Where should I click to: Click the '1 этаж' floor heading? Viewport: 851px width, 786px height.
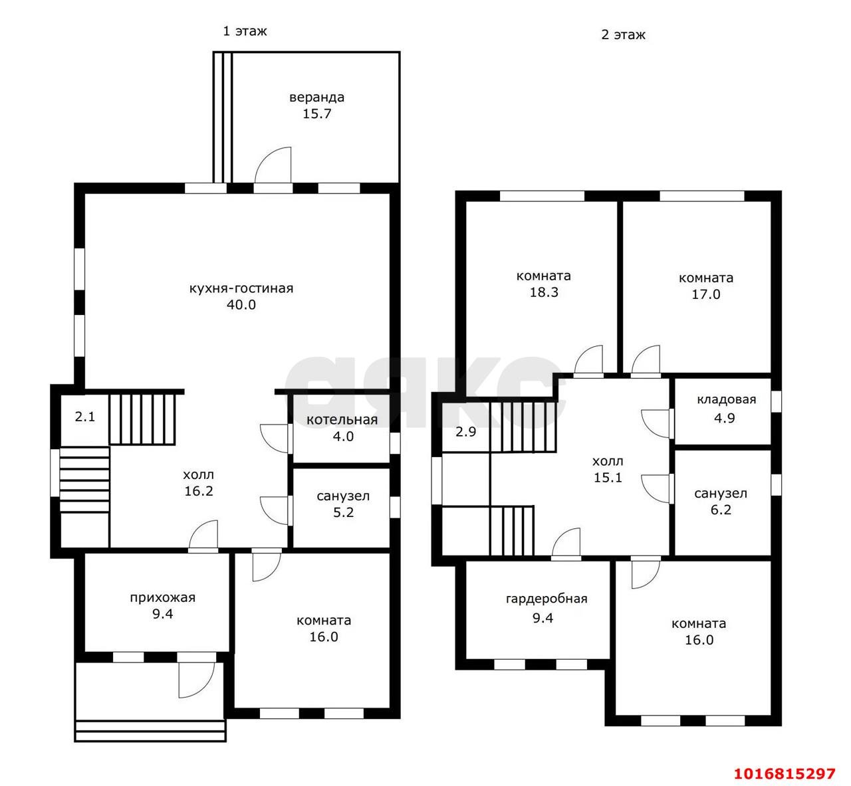point(245,31)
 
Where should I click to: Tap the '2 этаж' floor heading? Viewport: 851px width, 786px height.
point(623,35)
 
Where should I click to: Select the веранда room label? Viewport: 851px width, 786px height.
point(316,98)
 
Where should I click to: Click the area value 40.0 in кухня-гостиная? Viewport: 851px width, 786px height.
point(241,304)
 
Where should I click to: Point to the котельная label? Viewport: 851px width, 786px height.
point(342,420)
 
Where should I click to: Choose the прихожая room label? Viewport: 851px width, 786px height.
point(163,597)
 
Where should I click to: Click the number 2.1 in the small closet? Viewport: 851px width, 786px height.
point(85,417)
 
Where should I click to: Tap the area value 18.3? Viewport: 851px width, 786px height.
point(544,292)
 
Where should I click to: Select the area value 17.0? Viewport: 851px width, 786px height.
point(706,294)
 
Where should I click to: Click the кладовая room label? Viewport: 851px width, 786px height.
point(726,399)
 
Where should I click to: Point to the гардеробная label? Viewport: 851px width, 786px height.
point(547,599)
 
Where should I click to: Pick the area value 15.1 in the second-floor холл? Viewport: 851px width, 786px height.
point(608,477)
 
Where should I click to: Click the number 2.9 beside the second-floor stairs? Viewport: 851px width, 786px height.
point(466,431)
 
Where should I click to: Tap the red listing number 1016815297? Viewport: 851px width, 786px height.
point(785,773)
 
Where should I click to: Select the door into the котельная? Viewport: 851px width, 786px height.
point(275,439)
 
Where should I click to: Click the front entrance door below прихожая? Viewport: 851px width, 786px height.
point(196,680)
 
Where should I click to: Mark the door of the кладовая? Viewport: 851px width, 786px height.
point(656,424)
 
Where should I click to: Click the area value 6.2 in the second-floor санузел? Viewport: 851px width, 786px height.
point(721,510)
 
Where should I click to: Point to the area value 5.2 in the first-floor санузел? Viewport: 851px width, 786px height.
point(343,512)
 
